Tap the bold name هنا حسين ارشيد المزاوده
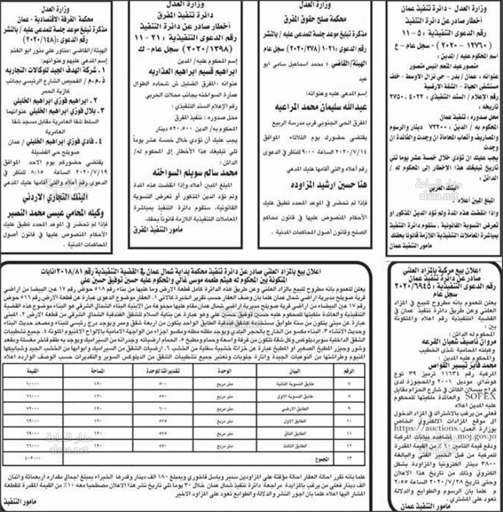click(318, 185)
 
